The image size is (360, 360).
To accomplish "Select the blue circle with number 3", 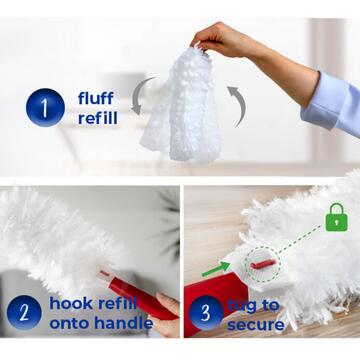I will pos(206,311).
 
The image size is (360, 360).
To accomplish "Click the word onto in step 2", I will pos(68,322).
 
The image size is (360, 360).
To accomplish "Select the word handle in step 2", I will pos(120,322).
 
